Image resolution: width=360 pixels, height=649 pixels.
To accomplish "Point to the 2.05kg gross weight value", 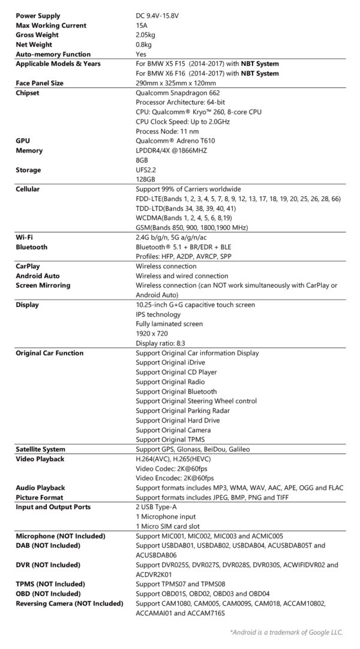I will pyautogui.click(x=146, y=35).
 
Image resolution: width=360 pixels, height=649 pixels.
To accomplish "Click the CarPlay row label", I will pyautogui.click(x=28, y=266).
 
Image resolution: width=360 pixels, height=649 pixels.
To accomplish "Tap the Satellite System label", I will pyautogui.click(x=40, y=449).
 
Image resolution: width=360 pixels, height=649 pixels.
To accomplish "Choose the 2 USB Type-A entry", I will pyautogui.click(x=157, y=507).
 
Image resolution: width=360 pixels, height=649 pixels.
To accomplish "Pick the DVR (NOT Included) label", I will pyautogui.click(x=47, y=565).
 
